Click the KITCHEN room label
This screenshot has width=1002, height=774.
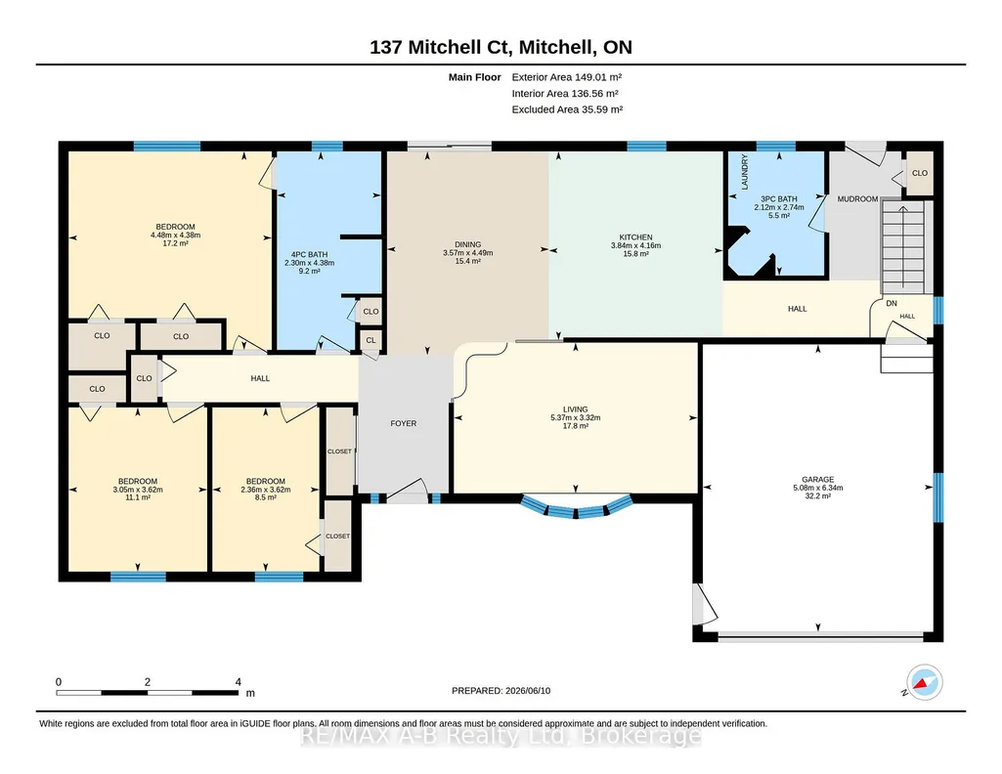tap(635, 236)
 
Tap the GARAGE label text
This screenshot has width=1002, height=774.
tap(818, 479)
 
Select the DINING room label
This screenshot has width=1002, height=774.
tap(468, 244)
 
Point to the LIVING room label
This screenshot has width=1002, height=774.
tap(575, 409)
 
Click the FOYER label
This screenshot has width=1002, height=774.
tap(403, 423)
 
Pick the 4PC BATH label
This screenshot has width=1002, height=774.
tap(309, 254)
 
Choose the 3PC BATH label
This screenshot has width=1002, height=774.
tap(779, 198)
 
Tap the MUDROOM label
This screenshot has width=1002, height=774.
tap(857, 198)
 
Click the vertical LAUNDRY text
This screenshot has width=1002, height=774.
tap(745, 172)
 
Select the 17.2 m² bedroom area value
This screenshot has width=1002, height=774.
tap(175, 243)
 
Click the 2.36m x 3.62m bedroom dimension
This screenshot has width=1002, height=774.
tap(266, 490)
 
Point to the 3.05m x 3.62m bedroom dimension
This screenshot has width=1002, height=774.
tap(138, 490)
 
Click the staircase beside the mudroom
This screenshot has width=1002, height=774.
tap(903, 246)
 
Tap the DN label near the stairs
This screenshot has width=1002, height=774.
tap(892, 303)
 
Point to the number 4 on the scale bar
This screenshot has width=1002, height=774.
tap(239, 682)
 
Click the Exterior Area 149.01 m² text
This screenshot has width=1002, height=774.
tap(567, 77)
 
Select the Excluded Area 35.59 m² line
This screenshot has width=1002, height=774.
tap(567, 109)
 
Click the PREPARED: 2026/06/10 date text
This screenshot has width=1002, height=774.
tap(501, 690)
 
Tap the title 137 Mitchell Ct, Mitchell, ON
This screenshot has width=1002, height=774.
tap(501, 47)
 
